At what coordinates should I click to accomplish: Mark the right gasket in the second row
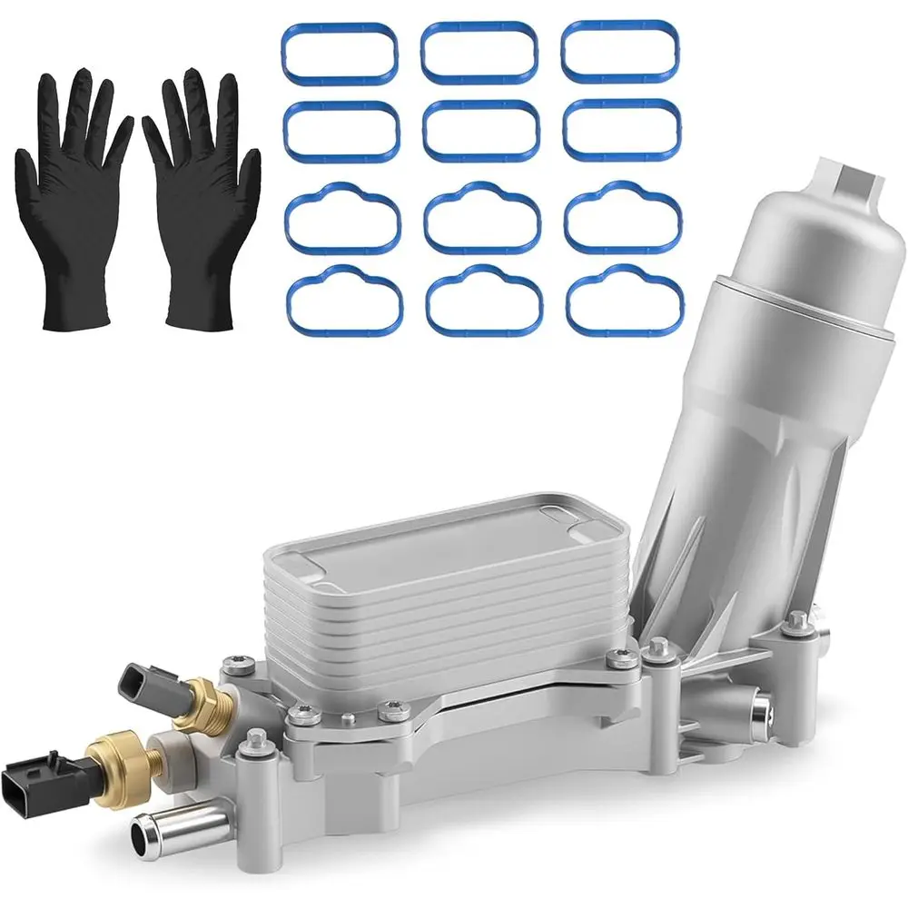point(621,129)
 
